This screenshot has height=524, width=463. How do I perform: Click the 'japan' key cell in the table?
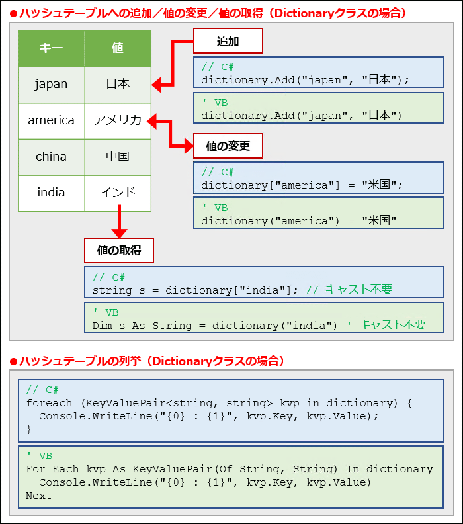(x=51, y=85)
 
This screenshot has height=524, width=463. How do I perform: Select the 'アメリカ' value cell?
(x=118, y=120)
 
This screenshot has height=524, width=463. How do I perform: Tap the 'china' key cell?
(x=51, y=157)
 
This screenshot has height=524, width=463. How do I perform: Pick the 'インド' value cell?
(x=118, y=193)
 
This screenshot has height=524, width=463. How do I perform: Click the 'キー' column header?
(x=51, y=48)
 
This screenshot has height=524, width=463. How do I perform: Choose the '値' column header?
(x=118, y=48)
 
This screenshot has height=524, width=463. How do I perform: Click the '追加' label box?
(x=228, y=42)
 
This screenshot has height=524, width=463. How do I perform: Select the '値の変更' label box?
(x=228, y=146)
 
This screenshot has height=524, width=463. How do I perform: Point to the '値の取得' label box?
(x=119, y=251)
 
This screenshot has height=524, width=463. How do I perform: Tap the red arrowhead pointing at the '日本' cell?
(x=157, y=85)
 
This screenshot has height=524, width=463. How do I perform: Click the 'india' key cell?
(x=51, y=193)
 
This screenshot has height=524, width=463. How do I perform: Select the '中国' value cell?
(x=118, y=157)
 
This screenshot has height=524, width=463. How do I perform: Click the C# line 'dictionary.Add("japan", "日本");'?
(x=305, y=80)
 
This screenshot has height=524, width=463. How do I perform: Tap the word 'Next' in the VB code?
(x=38, y=496)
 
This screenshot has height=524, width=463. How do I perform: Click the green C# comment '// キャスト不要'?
(x=349, y=290)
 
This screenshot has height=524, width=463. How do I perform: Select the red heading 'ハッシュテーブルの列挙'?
(x=79, y=361)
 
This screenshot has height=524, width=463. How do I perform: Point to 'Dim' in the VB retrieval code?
(x=102, y=326)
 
